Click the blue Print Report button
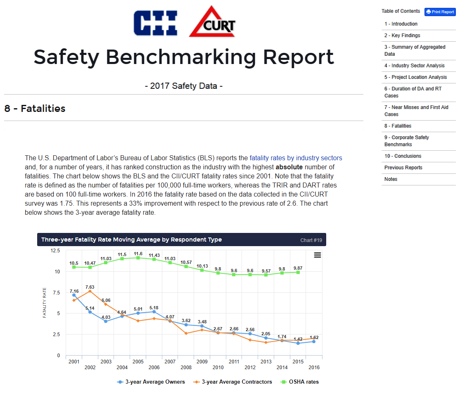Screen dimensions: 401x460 pos(440,12)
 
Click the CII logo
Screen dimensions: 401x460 pos(156,23)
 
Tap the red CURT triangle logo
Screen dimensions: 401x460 pos(212,23)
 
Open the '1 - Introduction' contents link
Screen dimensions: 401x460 pos(401,24)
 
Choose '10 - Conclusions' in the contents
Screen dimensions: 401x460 pos(403,156)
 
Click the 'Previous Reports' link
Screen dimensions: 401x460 pos(403,168)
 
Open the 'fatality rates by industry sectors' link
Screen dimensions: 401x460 pos(296,158)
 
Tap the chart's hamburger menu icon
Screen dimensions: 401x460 pos(318,255)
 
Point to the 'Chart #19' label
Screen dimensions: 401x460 pos(311,240)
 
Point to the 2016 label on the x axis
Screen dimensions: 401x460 pos(314,368)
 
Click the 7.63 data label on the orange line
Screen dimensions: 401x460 pos(90,287)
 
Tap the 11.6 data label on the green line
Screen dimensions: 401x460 pos(138,254)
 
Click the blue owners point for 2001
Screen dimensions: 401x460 pos(74,295)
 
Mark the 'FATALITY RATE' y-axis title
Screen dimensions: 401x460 pos(45,303)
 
